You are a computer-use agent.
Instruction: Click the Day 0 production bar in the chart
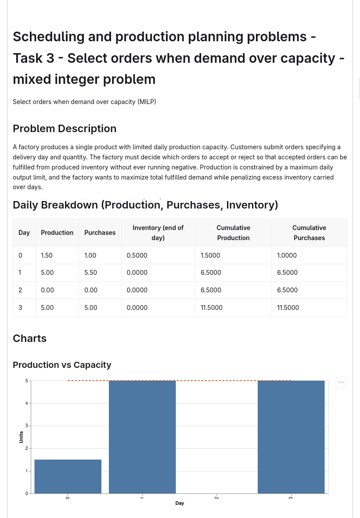click(68, 476)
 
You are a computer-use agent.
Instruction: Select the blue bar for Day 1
click(142, 437)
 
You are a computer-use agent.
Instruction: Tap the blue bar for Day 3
click(291, 437)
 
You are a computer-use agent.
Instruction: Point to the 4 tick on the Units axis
click(27, 403)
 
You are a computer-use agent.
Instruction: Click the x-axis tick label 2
click(216, 497)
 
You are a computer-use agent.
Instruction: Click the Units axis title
click(21, 437)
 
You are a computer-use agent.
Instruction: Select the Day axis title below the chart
click(180, 503)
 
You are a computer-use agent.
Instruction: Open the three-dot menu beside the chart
click(341, 382)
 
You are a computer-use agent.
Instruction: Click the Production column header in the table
click(57, 233)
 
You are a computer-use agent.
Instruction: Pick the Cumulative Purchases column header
click(309, 233)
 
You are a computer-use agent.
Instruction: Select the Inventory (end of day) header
click(158, 233)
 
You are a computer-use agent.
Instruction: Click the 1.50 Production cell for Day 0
click(47, 255)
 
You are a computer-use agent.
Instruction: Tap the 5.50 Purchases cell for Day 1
click(90, 273)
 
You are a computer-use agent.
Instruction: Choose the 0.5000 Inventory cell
click(137, 255)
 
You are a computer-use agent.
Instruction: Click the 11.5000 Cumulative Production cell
click(211, 308)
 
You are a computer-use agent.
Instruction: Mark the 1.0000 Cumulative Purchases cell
click(287, 255)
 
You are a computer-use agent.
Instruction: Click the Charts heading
click(30, 338)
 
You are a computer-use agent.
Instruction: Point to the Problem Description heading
click(65, 129)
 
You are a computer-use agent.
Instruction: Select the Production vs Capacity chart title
click(62, 365)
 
